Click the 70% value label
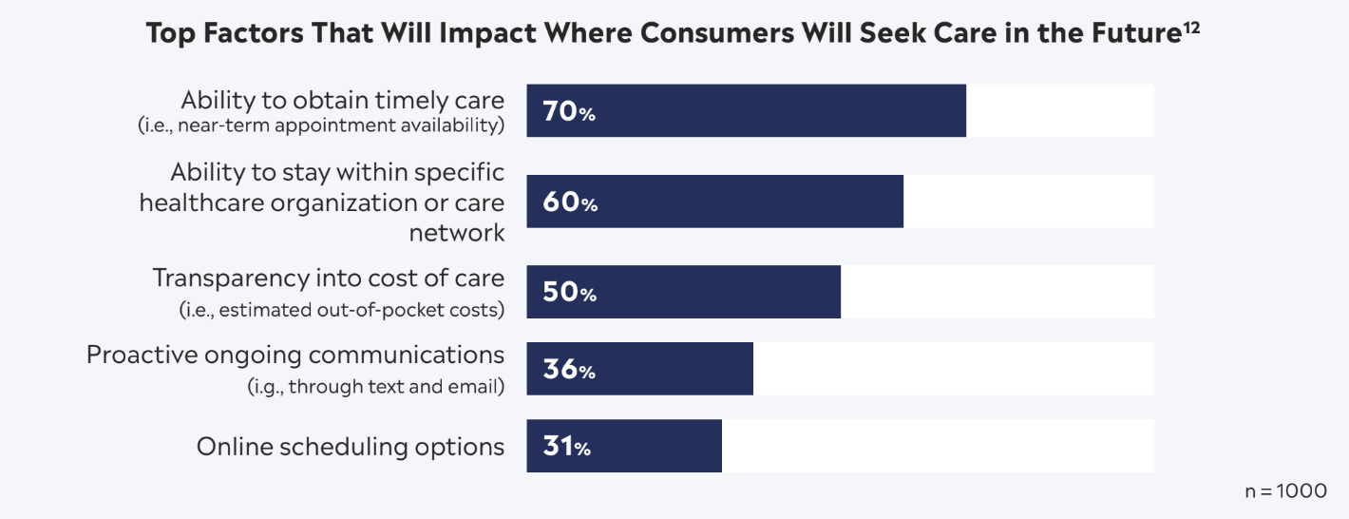[x=568, y=112]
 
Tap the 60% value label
[x=569, y=202]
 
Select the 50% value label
[x=569, y=293]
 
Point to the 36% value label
[x=568, y=370]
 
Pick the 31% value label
[x=566, y=447]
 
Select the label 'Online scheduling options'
[x=350, y=447]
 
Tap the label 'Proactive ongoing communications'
[x=294, y=355]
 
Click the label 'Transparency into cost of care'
[x=329, y=278]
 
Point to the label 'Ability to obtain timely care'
[x=342, y=100]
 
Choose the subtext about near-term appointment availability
[x=321, y=125]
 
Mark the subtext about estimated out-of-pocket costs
[x=342, y=310]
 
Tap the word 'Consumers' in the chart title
[x=730, y=34]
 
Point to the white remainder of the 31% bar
[x=937, y=446]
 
